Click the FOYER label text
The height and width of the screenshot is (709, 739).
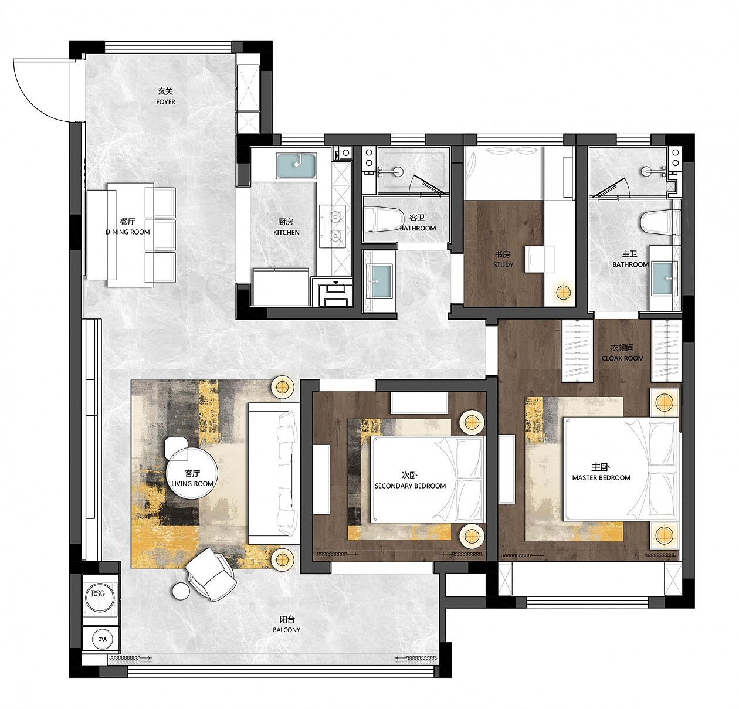pyautogui.click(x=165, y=102)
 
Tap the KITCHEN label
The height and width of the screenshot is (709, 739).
pyautogui.click(x=286, y=232)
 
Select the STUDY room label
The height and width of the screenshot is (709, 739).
pyautogui.click(x=503, y=265)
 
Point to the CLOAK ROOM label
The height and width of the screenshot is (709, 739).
pyautogui.click(x=622, y=358)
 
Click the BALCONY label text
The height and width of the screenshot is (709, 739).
pyautogui.click(x=287, y=630)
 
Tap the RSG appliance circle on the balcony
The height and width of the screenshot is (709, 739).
pyautogui.click(x=99, y=594)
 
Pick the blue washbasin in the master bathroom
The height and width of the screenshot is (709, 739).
pyautogui.click(x=664, y=279)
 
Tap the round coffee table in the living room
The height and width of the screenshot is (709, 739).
pyautogui.click(x=192, y=477)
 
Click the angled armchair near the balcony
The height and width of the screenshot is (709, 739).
pyautogui.click(x=211, y=575)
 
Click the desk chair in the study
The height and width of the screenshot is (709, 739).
pyautogui.click(x=540, y=259)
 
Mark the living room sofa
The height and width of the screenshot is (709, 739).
pyautogui.click(x=274, y=474)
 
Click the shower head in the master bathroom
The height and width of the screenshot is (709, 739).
pyautogui.click(x=646, y=171)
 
